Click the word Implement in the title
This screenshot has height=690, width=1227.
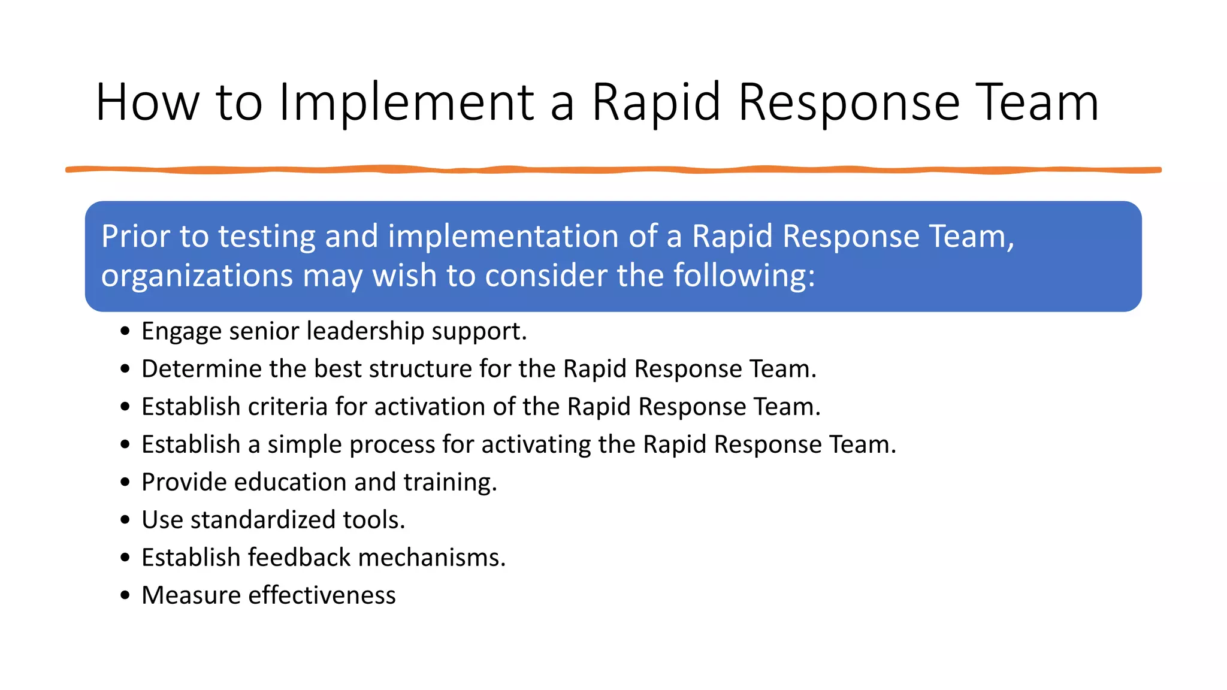[x=406, y=103]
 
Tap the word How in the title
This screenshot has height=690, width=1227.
[x=147, y=103]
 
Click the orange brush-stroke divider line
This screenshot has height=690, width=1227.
[x=613, y=170]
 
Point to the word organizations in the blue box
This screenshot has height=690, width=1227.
[x=197, y=276]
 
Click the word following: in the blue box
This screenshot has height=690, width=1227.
[x=744, y=276]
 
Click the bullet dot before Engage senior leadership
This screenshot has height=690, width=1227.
[x=125, y=331]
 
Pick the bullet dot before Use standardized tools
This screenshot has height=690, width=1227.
[x=125, y=520]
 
